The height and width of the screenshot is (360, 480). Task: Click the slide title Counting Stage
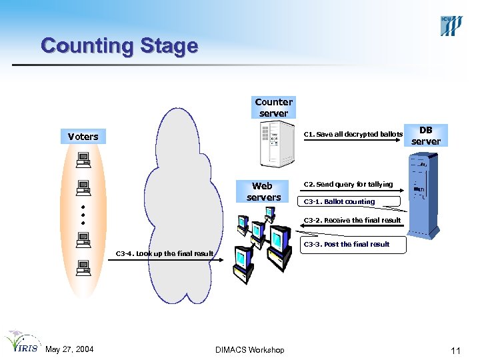pyautogui.click(x=119, y=46)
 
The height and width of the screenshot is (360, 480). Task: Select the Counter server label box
pyautogui.click(x=273, y=107)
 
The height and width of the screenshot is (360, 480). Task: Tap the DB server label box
pyautogui.click(x=425, y=135)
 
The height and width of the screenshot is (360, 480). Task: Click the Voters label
pyautogui.click(x=83, y=137)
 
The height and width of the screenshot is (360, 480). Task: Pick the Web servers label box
pyautogui.click(x=263, y=191)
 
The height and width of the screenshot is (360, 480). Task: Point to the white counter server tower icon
pyautogui.click(x=278, y=146)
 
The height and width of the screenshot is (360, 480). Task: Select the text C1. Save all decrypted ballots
pyautogui.click(x=353, y=135)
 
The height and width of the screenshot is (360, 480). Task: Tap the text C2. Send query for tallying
pyautogui.click(x=348, y=184)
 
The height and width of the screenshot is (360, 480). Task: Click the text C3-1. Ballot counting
pyautogui.click(x=339, y=201)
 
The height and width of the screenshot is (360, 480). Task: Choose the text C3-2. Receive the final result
pyautogui.click(x=352, y=220)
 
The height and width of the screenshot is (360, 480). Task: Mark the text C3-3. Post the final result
pyautogui.click(x=347, y=244)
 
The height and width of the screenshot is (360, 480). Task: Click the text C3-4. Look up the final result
pyautogui.click(x=165, y=253)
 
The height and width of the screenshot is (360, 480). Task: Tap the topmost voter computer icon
pyautogui.click(x=83, y=159)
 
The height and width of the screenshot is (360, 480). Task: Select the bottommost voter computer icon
pyautogui.click(x=83, y=268)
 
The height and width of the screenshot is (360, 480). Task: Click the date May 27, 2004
pyautogui.click(x=69, y=350)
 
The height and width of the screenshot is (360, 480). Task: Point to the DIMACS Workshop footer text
pyautogui.click(x=250, y=350)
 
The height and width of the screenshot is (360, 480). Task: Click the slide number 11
pyautogui.click(x=455, y=351)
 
